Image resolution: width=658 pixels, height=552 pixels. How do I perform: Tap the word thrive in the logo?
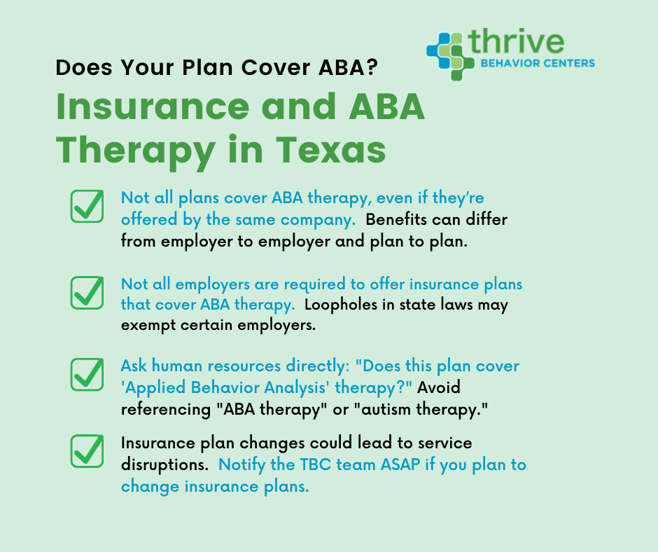coord(517,42)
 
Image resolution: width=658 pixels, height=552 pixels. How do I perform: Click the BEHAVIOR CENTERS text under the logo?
coord(537,64)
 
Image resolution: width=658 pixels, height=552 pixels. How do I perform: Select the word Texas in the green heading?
coord(333,149)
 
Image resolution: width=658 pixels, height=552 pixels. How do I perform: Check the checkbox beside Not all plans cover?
coord(87,207)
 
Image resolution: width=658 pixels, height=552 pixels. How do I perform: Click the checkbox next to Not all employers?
coord(87,293)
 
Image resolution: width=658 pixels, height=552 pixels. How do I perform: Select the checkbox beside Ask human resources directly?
coord(87,375)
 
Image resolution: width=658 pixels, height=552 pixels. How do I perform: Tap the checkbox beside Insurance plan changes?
coord(87,452)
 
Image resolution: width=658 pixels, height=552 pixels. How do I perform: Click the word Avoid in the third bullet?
coord(439,387)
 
